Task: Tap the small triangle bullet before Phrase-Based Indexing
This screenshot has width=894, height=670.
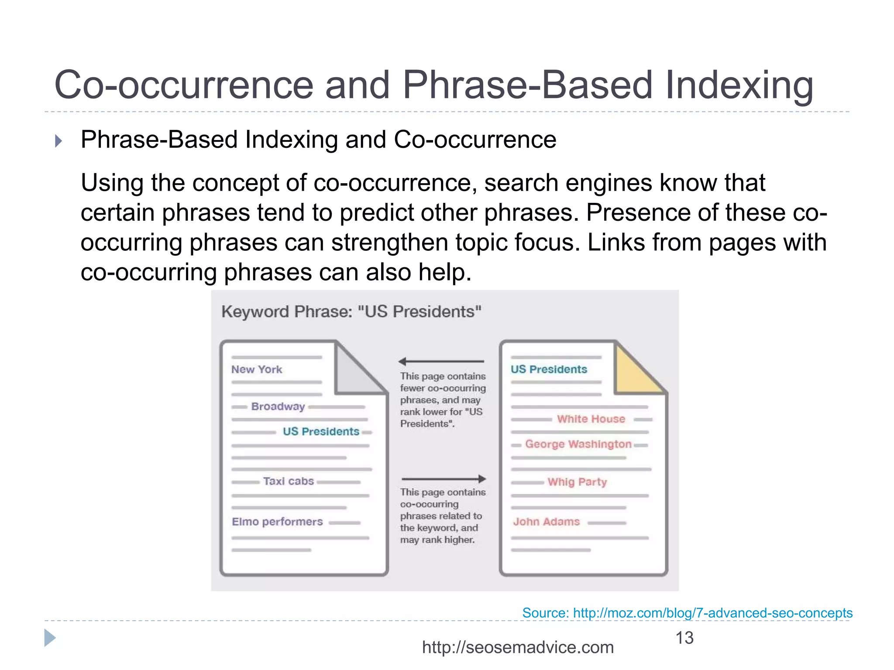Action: point(58,141)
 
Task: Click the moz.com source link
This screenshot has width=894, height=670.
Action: point(687,613)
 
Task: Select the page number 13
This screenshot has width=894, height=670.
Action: point(684,638)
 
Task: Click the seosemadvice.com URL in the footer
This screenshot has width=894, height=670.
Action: point(518,647)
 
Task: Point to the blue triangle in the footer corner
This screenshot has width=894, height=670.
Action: point(50,638)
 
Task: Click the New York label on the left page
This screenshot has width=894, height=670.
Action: point(257,369)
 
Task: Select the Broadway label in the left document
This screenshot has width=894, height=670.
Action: point(278,407)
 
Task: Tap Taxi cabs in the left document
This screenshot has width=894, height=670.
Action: point(288,481)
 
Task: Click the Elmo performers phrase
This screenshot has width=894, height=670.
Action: point(277,522)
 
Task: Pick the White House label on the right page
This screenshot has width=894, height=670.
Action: point(591,419)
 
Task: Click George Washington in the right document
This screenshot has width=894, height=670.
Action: point(578,444)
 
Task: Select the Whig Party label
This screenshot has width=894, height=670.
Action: point(577,482)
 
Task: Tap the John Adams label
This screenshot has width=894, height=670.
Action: point(546,522)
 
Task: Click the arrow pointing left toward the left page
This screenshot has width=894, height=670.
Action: point(441,362)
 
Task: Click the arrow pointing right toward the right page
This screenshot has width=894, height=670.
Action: point(444,479)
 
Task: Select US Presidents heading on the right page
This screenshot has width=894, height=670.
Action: point(549,369)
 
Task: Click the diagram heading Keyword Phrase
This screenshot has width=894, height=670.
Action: point(351,312)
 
